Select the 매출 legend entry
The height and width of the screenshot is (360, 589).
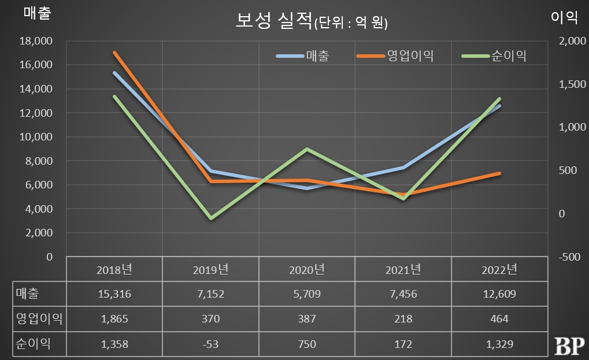[317, 55]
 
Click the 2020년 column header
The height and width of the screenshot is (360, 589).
[307, 269]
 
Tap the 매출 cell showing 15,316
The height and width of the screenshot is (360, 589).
[114, 294]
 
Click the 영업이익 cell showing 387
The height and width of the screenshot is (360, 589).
[307, 319]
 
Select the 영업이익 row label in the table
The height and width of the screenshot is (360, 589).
[38, 319]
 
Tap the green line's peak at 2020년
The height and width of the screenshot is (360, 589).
[307, 149]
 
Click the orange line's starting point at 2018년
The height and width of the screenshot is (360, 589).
[115, 53]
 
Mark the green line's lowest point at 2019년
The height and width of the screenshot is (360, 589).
[211, 218]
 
